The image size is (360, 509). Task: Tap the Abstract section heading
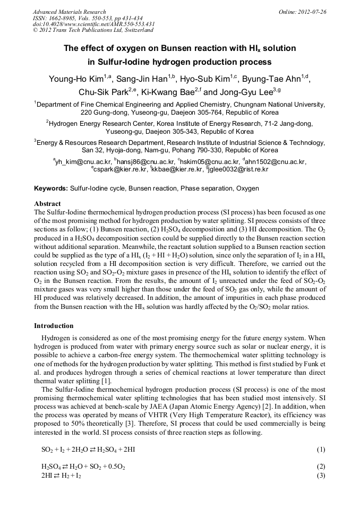tap(47, 204)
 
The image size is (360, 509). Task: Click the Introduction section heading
tap(54, 325)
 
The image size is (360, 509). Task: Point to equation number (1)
tap(320, 450)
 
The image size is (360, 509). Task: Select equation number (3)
tap(320, 476)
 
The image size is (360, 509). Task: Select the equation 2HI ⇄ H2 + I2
tap(61, 476)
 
